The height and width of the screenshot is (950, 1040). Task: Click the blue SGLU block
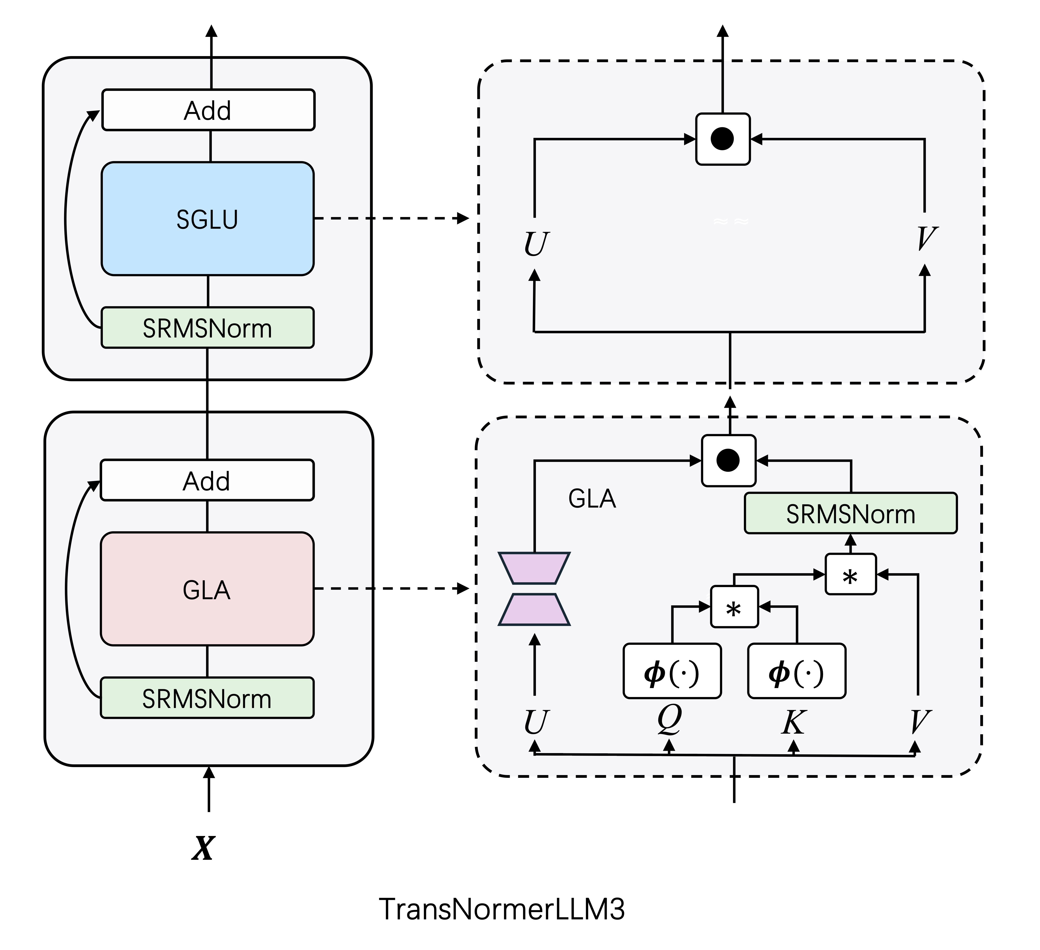(x=207, y=219)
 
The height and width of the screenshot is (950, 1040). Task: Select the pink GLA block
(x=207, y=589)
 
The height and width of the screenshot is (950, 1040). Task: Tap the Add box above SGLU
(x=208, y=110)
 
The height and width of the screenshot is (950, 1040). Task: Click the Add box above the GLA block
(x=207, y=480)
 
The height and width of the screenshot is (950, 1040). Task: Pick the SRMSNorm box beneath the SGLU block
(x=207, y=328)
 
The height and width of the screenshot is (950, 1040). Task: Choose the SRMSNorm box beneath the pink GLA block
(x=207, y=698)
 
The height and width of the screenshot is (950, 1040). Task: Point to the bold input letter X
(x=203, y=848)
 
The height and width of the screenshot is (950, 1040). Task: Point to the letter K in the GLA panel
(x=793, y=722)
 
